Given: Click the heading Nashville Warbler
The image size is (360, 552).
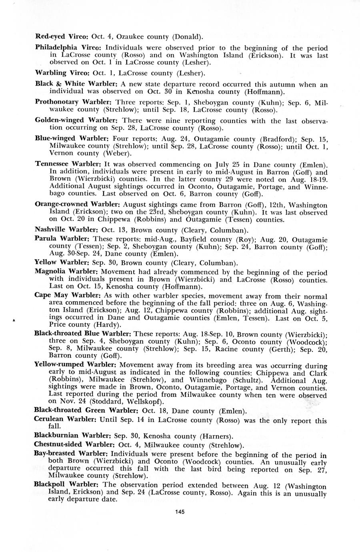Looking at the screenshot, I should pos(64,230).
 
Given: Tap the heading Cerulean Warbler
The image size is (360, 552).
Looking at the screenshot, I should pos(65,420).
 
